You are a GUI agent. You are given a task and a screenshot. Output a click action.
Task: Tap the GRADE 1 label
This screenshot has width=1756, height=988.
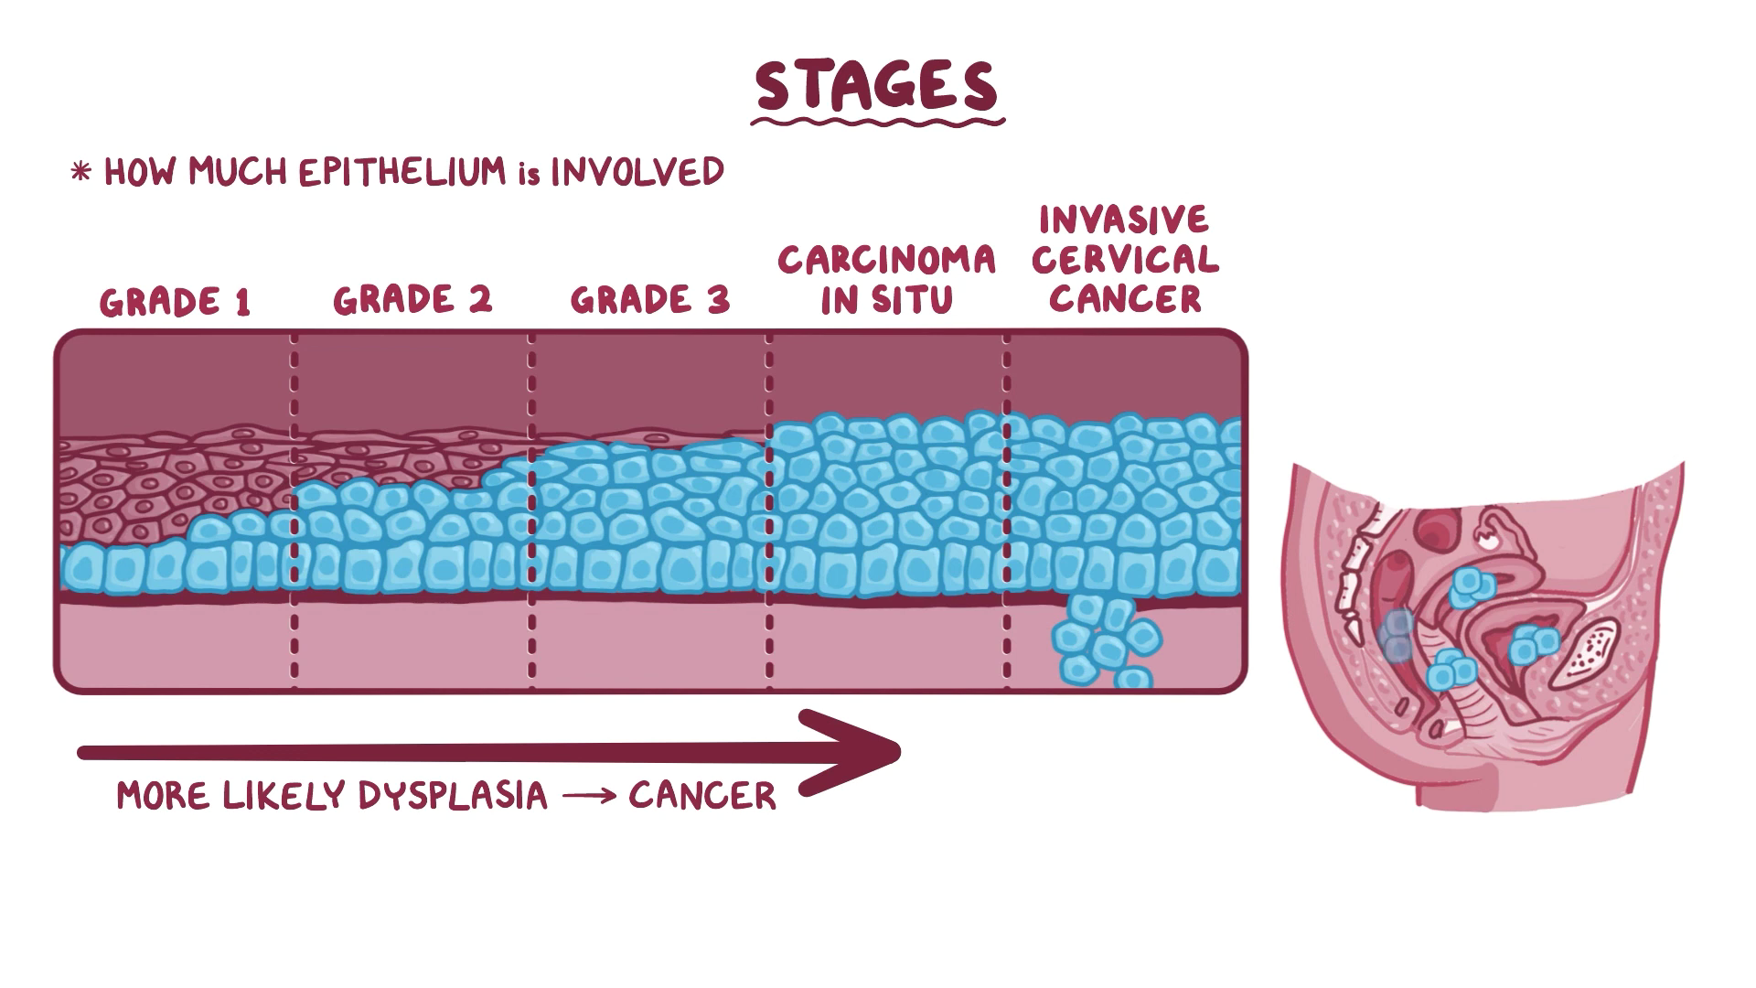(x=175, y=302)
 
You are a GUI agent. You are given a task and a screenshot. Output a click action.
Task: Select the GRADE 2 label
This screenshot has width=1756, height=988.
(x=412, y=300)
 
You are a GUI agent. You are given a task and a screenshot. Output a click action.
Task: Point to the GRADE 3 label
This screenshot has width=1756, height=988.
(x=650, y=300)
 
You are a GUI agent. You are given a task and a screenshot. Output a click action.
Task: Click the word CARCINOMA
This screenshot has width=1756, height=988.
(x=886, y=261)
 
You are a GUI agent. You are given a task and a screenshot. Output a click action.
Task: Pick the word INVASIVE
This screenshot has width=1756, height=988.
(x=1124, y=220)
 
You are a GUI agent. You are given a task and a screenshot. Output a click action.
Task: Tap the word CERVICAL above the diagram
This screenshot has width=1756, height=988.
(x=1125, y=260)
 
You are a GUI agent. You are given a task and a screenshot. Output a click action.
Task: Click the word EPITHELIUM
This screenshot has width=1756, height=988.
(x=403, y=172)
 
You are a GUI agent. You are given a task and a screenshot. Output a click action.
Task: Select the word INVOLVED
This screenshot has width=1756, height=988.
(x=637, y=172)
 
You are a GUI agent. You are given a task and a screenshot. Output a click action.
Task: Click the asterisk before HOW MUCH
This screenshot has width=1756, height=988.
(x=81, y=172)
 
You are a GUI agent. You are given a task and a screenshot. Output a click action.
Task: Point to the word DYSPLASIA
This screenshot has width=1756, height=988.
(x=453, y=796)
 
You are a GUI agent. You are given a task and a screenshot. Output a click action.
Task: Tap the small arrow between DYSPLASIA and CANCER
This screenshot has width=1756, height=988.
(x=587, y=797)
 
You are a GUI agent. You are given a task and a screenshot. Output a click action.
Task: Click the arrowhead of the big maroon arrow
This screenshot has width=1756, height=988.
(x=860, y=752)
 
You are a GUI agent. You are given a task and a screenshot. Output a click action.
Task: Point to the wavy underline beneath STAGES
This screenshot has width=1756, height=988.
(x=878, y=120)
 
